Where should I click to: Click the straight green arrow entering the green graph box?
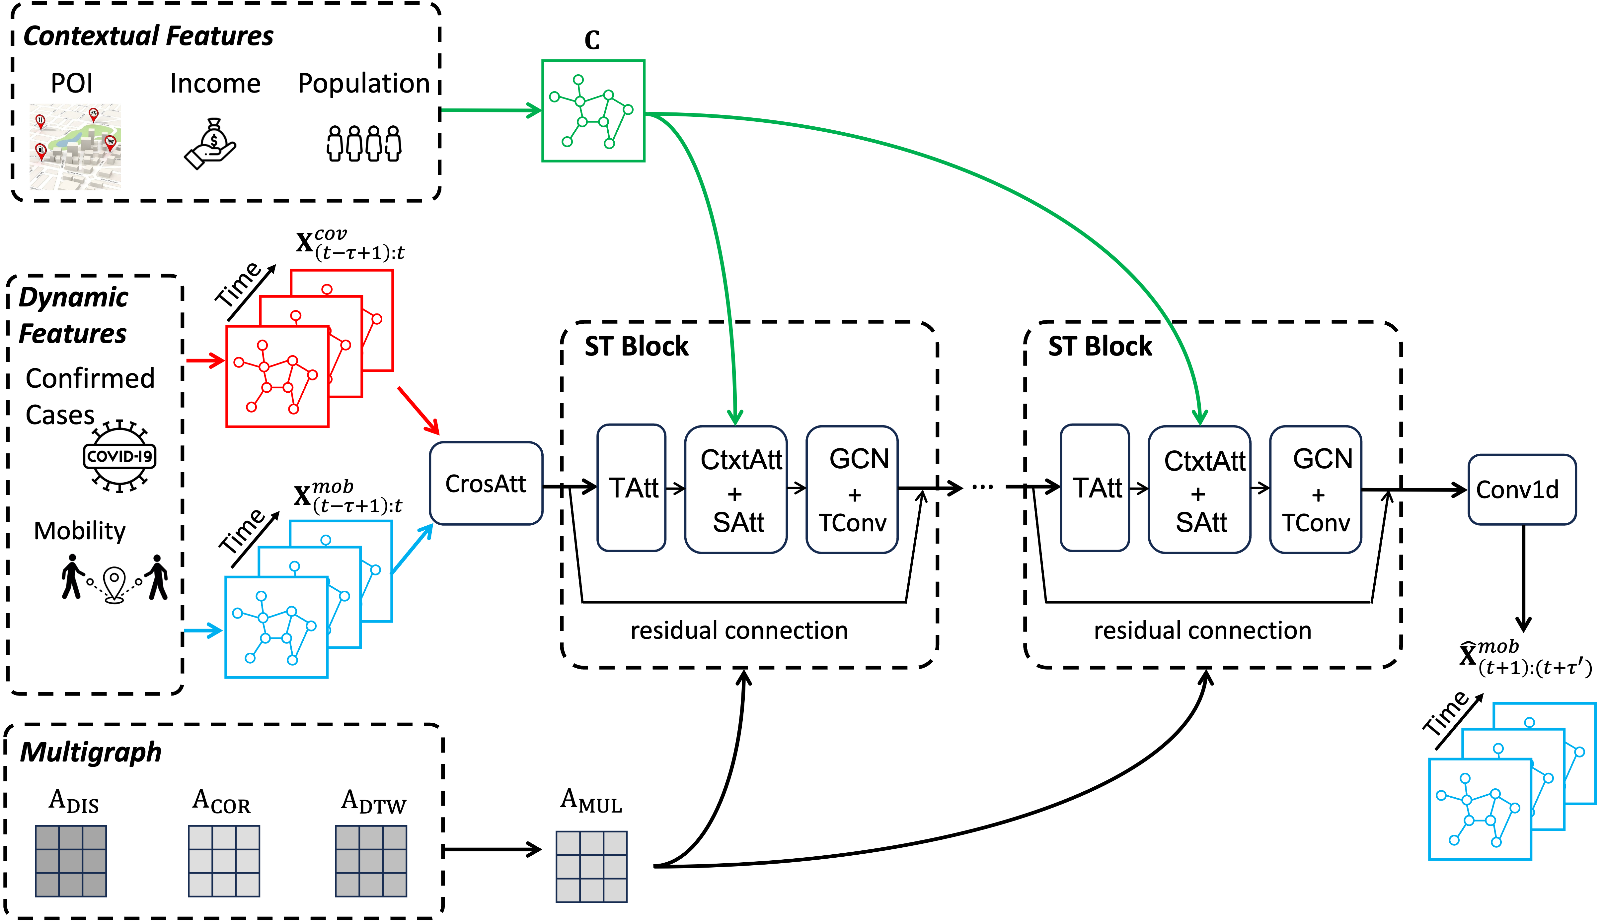(491, 111)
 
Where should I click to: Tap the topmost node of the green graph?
(578, 80)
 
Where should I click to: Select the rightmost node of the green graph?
(628, 109)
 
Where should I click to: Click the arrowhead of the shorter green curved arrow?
(735, 418)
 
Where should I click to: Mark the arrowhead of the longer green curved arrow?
(1199, 418)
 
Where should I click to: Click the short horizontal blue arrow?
(202, 630)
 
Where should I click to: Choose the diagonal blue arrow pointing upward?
(413, 548)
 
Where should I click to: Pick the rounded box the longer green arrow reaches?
(1199, 489)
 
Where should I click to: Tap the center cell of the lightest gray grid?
(592, 867)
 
